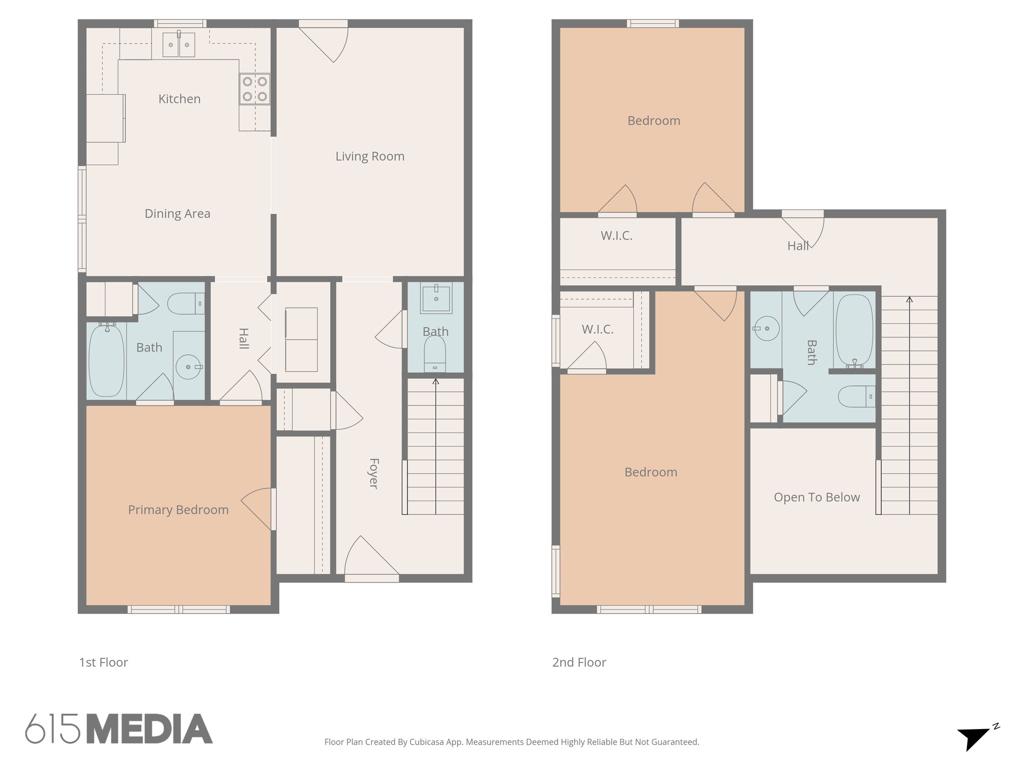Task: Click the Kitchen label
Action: pos(179,99)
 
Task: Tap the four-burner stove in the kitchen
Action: pos(254,89)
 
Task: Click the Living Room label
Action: pos(369,156)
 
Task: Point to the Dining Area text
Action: pos(177,214)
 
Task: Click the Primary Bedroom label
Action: pos(178,510)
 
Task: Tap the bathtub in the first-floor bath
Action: pos(106,360)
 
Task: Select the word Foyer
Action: pos(373,473)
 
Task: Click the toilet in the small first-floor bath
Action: pos(434,353)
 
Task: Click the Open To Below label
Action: pos(816,497)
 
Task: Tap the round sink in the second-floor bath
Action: pos(766,328)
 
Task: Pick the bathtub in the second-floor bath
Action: pos(854,330)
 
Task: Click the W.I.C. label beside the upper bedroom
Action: pos(616,236)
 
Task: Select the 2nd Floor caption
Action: pos(579,662)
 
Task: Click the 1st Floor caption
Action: pos(103,662)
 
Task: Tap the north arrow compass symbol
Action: pos(974,737)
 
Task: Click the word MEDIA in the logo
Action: pos(149,729)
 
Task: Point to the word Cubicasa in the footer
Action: pos(424,742)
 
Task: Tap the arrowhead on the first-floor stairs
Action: pos(435,381)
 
